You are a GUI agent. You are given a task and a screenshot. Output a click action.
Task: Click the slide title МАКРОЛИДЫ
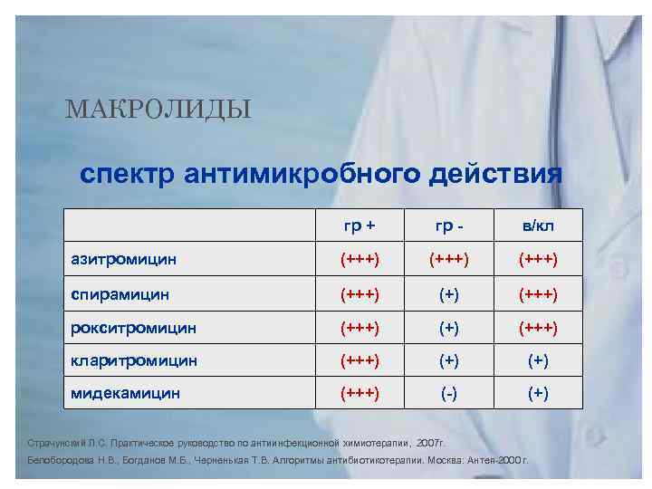[158, 110]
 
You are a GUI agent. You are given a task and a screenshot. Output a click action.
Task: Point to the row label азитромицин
[124, 260]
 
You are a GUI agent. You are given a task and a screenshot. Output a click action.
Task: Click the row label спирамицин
[120, 293]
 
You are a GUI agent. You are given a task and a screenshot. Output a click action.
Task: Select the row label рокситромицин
[133, 327]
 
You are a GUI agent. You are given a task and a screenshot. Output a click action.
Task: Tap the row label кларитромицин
[133, 360]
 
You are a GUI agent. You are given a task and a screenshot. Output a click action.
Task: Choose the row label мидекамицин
[126, 393]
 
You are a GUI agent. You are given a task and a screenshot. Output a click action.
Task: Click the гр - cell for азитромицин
[450, 260]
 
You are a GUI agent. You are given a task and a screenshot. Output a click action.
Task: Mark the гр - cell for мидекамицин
[450, 393]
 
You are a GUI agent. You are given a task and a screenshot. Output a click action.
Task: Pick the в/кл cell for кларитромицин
[538, 360]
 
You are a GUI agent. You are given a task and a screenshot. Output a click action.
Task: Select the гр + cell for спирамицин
[360, 293]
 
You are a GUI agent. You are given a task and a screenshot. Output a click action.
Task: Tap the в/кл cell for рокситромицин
[538, 327]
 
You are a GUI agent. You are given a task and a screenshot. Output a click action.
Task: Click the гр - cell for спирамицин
[450, 293]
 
